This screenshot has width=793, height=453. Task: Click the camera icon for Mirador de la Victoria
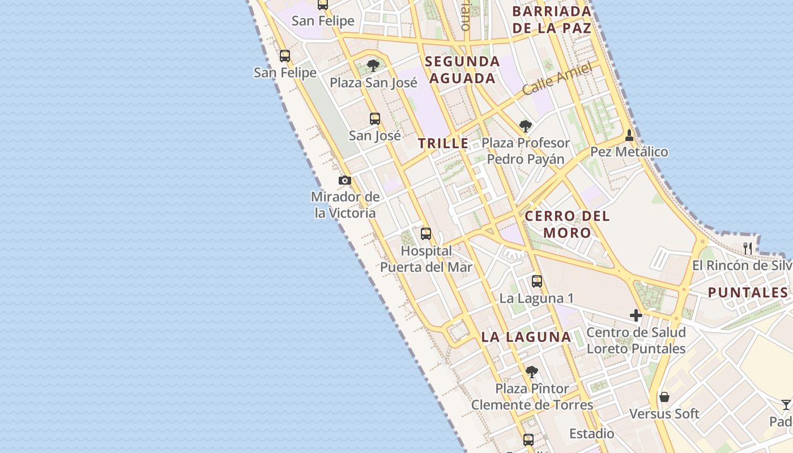click(x=344, y=181)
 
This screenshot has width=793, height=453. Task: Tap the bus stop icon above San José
click(x=374, y=119)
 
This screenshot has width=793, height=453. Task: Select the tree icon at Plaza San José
click(x=373, y=66)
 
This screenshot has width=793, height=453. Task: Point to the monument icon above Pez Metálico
click(x=629, y=135)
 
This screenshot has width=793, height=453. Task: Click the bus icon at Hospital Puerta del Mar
click(x=425, y=234)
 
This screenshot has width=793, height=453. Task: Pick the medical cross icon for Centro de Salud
click(x=636, y=315)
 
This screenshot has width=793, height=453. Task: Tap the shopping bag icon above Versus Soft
click(x=664, y=397)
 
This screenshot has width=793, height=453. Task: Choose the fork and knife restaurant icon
click(x=748, y=248)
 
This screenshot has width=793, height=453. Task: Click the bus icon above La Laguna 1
click(x=536, y=281)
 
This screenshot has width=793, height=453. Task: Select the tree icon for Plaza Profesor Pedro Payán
click(x=525, y=126)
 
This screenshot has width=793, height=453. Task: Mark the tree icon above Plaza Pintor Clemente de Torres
click(x=531, y=372)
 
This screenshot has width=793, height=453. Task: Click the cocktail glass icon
click(x=786, y=405)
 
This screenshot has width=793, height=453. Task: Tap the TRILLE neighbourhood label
click(x=444, y=144)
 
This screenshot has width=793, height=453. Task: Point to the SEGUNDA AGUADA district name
click(x=462, y=70)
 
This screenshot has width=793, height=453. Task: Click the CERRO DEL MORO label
click(x=567, y=224)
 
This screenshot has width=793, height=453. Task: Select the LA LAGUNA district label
click(x=526, y=337)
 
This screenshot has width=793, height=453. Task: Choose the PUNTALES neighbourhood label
click(x=748, y=293)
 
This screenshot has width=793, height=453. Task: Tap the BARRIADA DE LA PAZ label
click(x=552, y=19)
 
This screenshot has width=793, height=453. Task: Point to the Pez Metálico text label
click(x=629, y=152)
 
